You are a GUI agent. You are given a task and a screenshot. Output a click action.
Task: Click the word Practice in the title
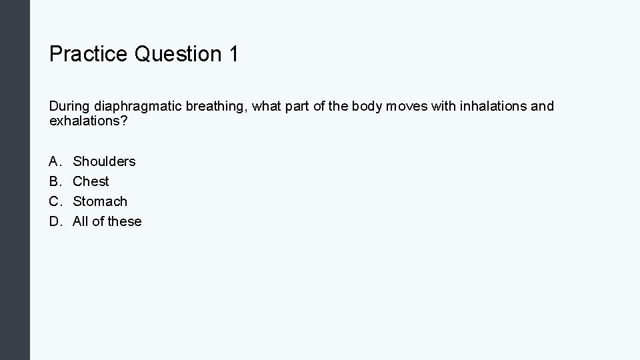tap(88, 54)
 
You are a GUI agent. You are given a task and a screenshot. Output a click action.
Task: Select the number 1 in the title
tap(233, 54)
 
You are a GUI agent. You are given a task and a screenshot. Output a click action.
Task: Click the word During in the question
tap(69, 107)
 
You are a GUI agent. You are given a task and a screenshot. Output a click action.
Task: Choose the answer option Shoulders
tap(104, 161)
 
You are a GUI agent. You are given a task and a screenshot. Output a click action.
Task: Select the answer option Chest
tap(91, 181)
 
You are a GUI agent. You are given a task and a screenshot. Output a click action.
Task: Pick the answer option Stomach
tap(100, 201)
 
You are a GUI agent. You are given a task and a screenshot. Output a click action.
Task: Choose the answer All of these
tap(107, 221)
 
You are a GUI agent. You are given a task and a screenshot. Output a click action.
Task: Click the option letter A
tap(54, 161)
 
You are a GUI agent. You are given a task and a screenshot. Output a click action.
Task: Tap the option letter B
tap(54, 181)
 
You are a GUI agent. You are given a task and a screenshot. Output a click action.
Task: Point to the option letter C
tap(54, 201)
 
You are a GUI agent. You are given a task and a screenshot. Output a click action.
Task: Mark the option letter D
tap(54, 221)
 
